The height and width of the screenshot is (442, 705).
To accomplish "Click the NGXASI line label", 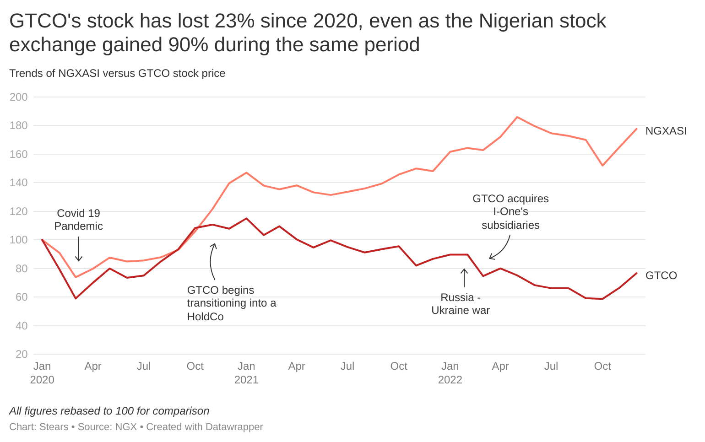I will pyautogui.click(x=666, y=131).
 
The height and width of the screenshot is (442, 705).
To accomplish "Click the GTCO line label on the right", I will pyautogui.click(x=661, y=275).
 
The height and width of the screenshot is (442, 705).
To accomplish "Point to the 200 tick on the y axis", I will pyautogui.click(x=18, y=97).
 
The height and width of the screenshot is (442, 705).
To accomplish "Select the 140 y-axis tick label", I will pyautogui.click(x=18, y=183).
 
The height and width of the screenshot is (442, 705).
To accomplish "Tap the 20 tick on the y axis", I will pyautogui.click(x=21, y=354).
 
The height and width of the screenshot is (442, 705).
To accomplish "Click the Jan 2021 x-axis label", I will pyautogui.click(x=246, y=372).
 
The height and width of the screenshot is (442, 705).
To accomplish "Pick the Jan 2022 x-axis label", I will pyautogui.click(x=450, y=372).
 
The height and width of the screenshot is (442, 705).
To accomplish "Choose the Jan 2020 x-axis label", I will pyautogui.click(x=42, y=372).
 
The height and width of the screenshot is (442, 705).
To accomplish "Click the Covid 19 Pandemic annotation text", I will pyautogui.click(x=78, y=220).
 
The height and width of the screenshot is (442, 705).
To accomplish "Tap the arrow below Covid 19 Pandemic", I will pyautogui.click(x=79, y=249).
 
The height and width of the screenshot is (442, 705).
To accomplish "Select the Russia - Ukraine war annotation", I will pyautogui.click(x=461, y=304).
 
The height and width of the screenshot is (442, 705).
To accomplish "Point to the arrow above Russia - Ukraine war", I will pyautogui.click(x=464, y=278).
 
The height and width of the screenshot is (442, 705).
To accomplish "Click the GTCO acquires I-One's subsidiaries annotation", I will pyautogui.click(x=510, y=212).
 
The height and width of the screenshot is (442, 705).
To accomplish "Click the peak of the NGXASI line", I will pyautogui.click(x=517, y=117).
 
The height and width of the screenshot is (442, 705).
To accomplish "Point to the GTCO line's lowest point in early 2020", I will pyautogui.click(x=76, y=298).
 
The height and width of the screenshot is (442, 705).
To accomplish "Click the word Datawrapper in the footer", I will pyautogui.click(x=234, y=427).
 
